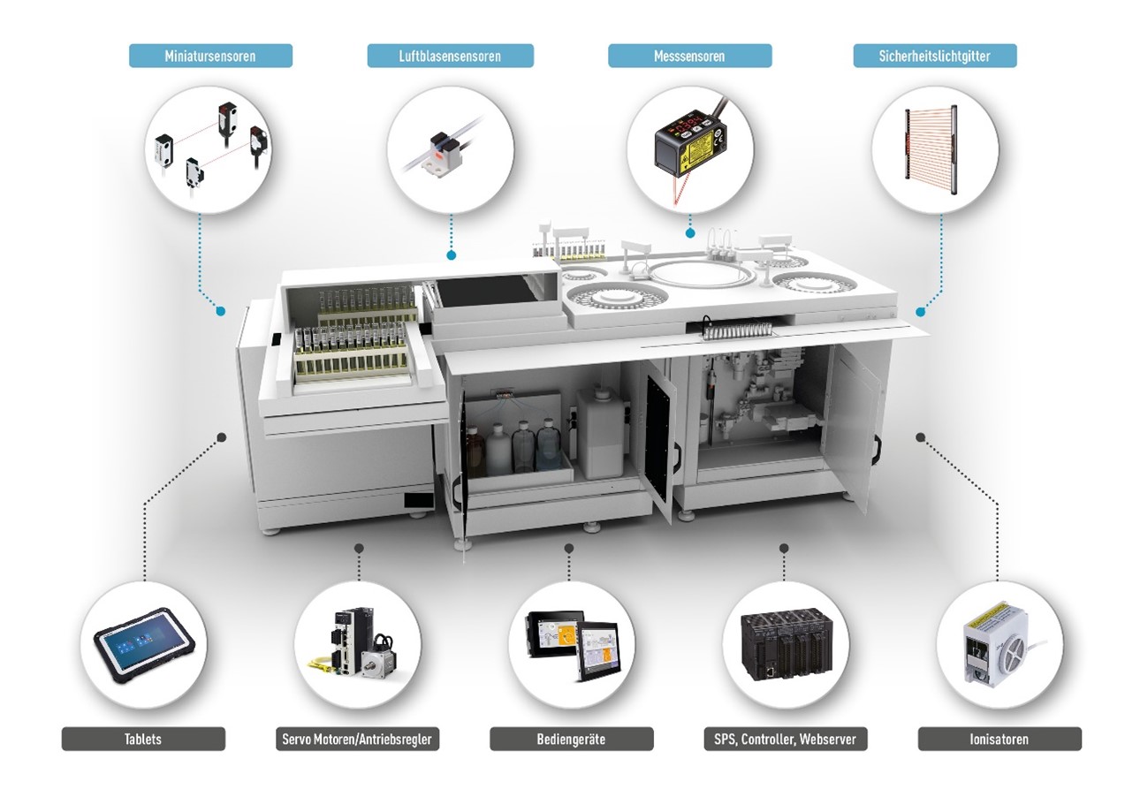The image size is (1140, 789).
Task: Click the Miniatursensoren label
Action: (210, 56)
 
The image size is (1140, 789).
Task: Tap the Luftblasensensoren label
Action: (451, 56)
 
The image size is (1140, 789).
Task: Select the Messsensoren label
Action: (689, 56)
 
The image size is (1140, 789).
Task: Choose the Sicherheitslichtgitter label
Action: (935, 56)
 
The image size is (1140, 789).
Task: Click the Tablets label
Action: (143, 739)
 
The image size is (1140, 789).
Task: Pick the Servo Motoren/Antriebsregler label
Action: (357, 739)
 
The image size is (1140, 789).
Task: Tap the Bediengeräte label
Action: (572, 739)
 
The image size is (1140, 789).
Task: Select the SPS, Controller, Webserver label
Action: (786, 739)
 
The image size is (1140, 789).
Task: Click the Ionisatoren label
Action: (999, 739)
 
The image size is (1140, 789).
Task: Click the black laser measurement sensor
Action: (690, 142)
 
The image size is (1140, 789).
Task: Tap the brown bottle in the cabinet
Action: (475, 451)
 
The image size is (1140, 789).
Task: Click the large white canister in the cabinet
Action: (601, 434)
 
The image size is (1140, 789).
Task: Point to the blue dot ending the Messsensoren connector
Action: (690, 233)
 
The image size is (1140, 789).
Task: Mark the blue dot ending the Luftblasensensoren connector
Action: (451, 255)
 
